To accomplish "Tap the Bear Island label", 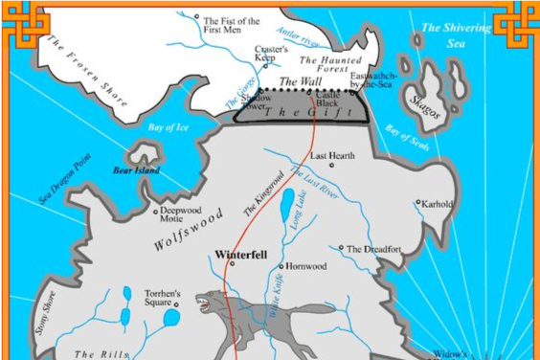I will [x=135, y=170].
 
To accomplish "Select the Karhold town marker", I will [x=417, y=203].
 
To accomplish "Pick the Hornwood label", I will [x=306, y=266].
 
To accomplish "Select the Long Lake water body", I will [x=286, y=202].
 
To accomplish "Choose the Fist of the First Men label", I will [x=232, y=22].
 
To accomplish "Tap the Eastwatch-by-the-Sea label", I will [x=371, y=79].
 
